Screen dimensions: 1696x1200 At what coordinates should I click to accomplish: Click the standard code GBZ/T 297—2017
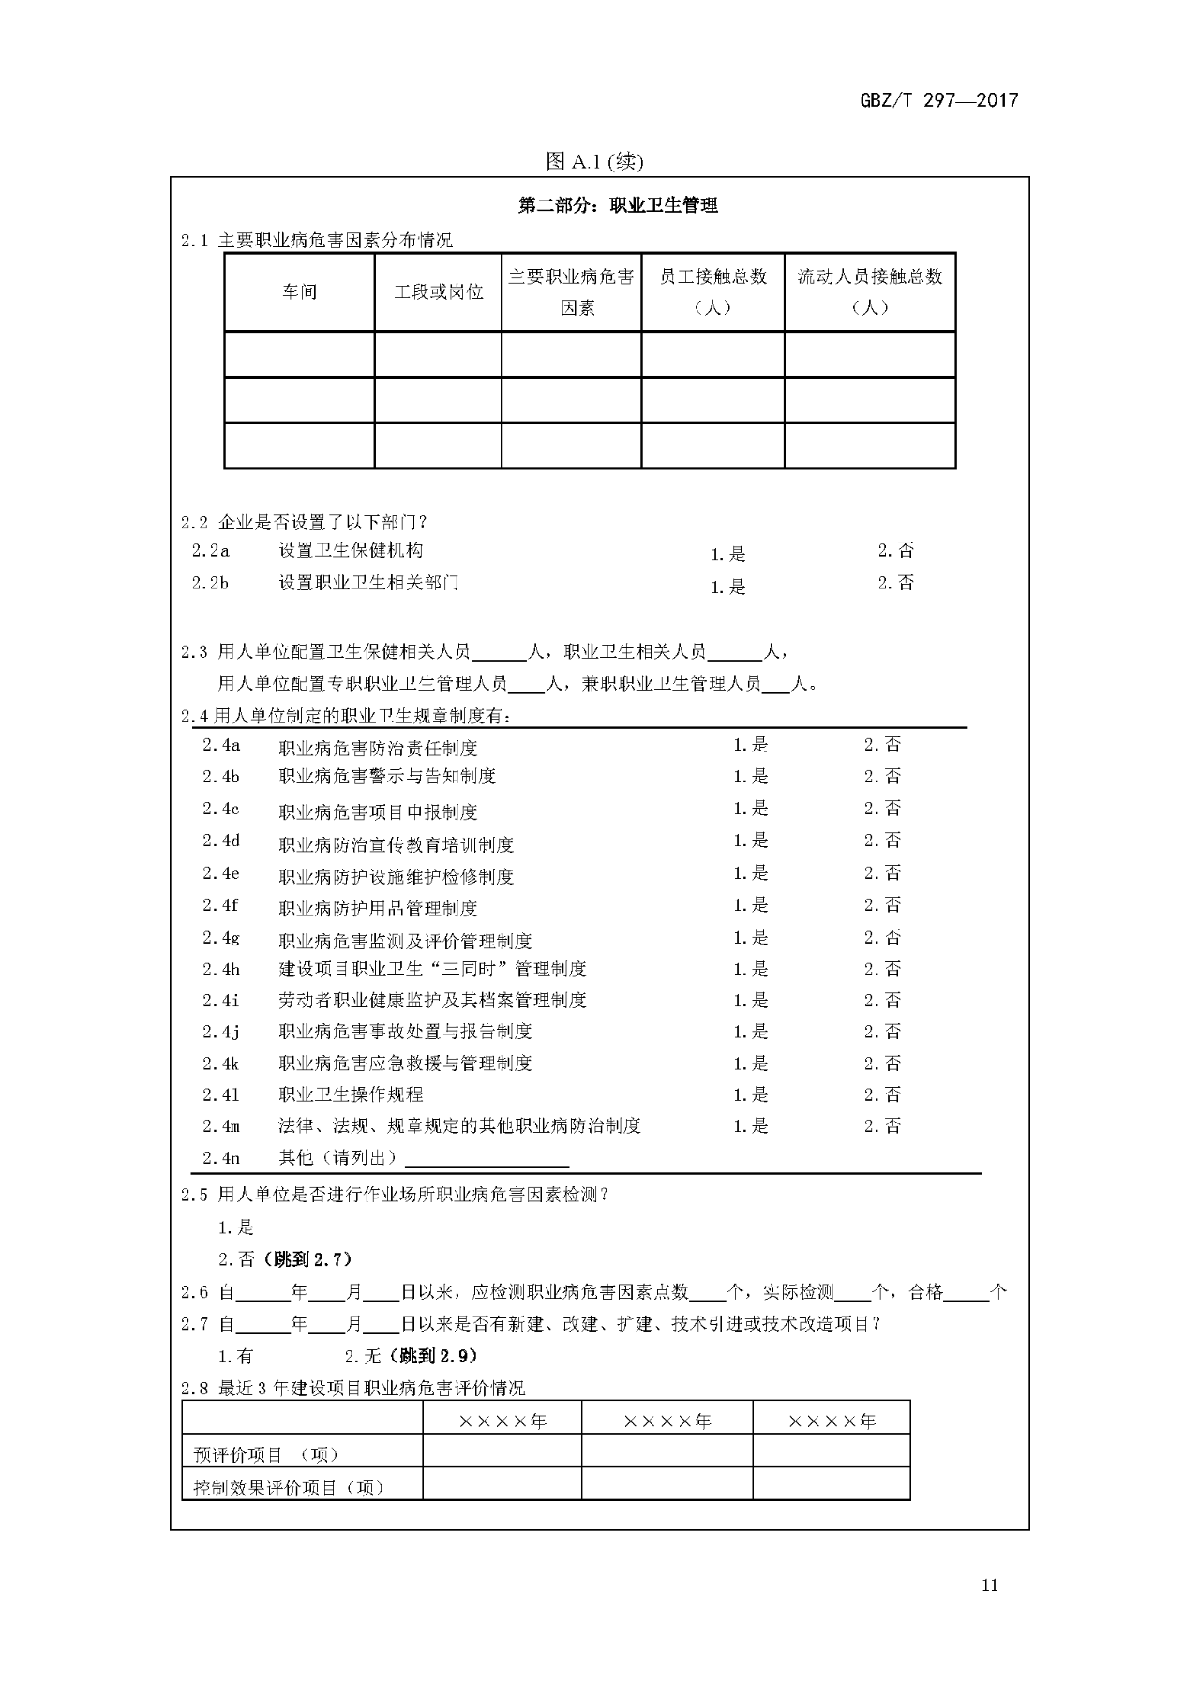pyautogui.click(x=938, y=100)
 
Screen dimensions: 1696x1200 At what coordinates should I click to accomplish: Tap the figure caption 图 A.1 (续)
pyautogui.click(x=594, y=161)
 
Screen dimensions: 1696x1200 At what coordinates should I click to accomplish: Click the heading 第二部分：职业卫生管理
pyautogui.click(x=618, y=205)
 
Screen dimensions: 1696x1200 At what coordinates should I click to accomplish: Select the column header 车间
pyautogui.click(x=300, y=291)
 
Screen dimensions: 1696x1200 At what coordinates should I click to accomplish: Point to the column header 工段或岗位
pyautogui.click(x=438, y=291)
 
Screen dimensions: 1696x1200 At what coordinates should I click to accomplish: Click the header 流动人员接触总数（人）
pyautogui.click(x=869, y=291)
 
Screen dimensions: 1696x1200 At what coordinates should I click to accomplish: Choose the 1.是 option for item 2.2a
pyautogui.click(x=728, y=554)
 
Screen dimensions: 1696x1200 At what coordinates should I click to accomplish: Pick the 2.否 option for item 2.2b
pyautogui.click(x=895, y=583)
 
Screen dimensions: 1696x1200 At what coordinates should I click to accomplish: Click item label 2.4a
pyautogui.click(x=221, y=745)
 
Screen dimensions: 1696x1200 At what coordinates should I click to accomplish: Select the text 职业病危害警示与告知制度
pyautogui.click(x=387, y=776)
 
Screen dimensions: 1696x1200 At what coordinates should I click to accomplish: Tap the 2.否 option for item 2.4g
pyautogui.click(x=882, y=937)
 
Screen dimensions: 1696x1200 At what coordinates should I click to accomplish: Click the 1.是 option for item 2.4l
pyautogui.click(x=750, y=1094)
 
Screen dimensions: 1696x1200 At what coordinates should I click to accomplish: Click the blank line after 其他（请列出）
pyautogui.click(x=486, y=1159)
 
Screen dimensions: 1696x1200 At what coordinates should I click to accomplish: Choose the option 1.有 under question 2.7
pyautogui.click(x=235, y=1356)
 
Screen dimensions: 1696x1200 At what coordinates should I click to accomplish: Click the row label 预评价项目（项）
pyautogui.click(x=265, y=1454)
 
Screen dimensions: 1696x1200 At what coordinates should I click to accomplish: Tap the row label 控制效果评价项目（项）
pyautogui.click(x=289, y=1487)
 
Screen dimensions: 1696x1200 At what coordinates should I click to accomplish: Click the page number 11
pyautogui.click(x=990, y=1585)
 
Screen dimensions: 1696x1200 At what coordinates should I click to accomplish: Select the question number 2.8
pyautogui.click(x=194, y=1389)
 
